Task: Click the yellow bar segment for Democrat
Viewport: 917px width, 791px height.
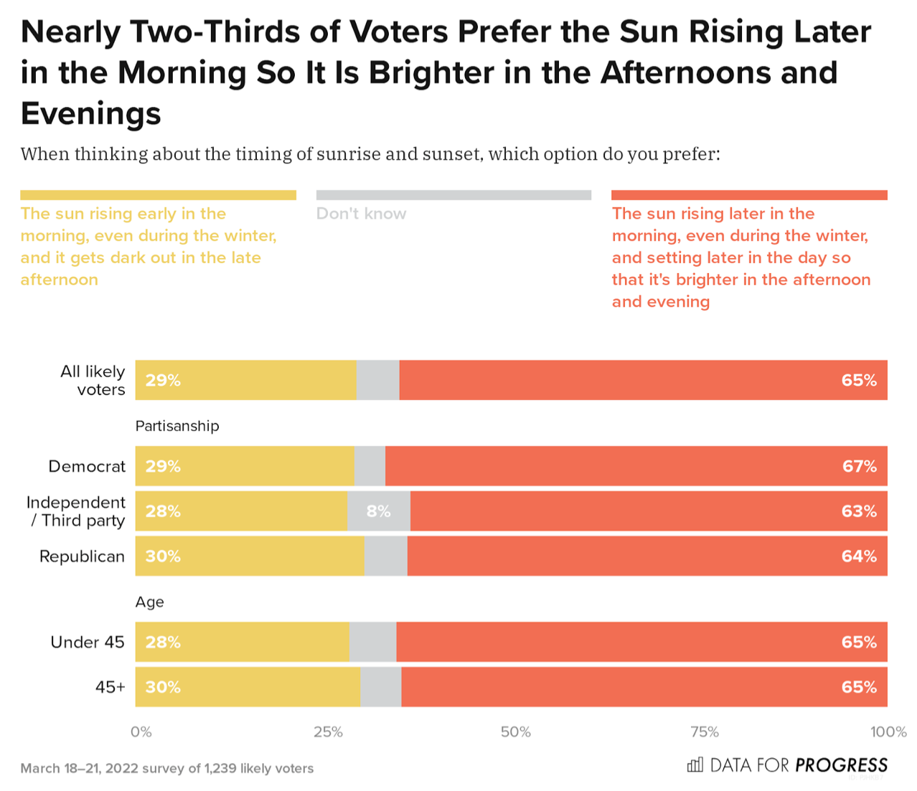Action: pyautogui.click(x=245, y=466)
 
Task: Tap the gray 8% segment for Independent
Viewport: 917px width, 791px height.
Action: pyautogui.click(x=378, y=511)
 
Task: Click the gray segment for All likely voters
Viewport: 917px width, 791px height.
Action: pyautogui.click(x=377, y=380)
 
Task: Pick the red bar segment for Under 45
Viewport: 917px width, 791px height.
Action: pyautogui.click(x=641, y=642)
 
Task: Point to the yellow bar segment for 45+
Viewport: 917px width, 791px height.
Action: pyautogui.click(x=248, y=687)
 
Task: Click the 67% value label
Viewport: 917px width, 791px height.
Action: pyautogui.click(x=859, y=466)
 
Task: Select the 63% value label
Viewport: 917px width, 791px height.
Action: pyautogui.click(x=859, y=511)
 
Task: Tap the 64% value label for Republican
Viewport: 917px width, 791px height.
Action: pyautogui.click(x=859, y=556)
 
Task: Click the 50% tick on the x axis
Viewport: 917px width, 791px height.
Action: pyautogui.click(x=515, y=732)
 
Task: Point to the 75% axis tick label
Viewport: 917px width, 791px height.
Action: pyautogui.click(x=704, y=732)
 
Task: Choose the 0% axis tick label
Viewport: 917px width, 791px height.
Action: pyautogui.click(x=141, y=732)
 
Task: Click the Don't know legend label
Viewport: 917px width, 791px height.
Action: pyautogui.click(x=361, y=214)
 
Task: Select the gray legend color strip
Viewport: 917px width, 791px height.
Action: pyautogui.click(x=453, y=195)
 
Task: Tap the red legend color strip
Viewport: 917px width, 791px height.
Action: pyautogui.click(x=749, y=195)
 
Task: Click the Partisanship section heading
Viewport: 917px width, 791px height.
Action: pyautogui.click(x=177, y=426)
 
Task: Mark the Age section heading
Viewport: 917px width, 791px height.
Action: pyautogui.click(x=149, y=602)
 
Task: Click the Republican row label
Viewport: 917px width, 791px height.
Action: pyautogui.click(x=82, y=556)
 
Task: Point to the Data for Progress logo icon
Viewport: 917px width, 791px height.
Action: pyautogui.click(x=695, y=765)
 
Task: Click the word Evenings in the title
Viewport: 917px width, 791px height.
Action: pyautogui.click(x=91, y=113)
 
